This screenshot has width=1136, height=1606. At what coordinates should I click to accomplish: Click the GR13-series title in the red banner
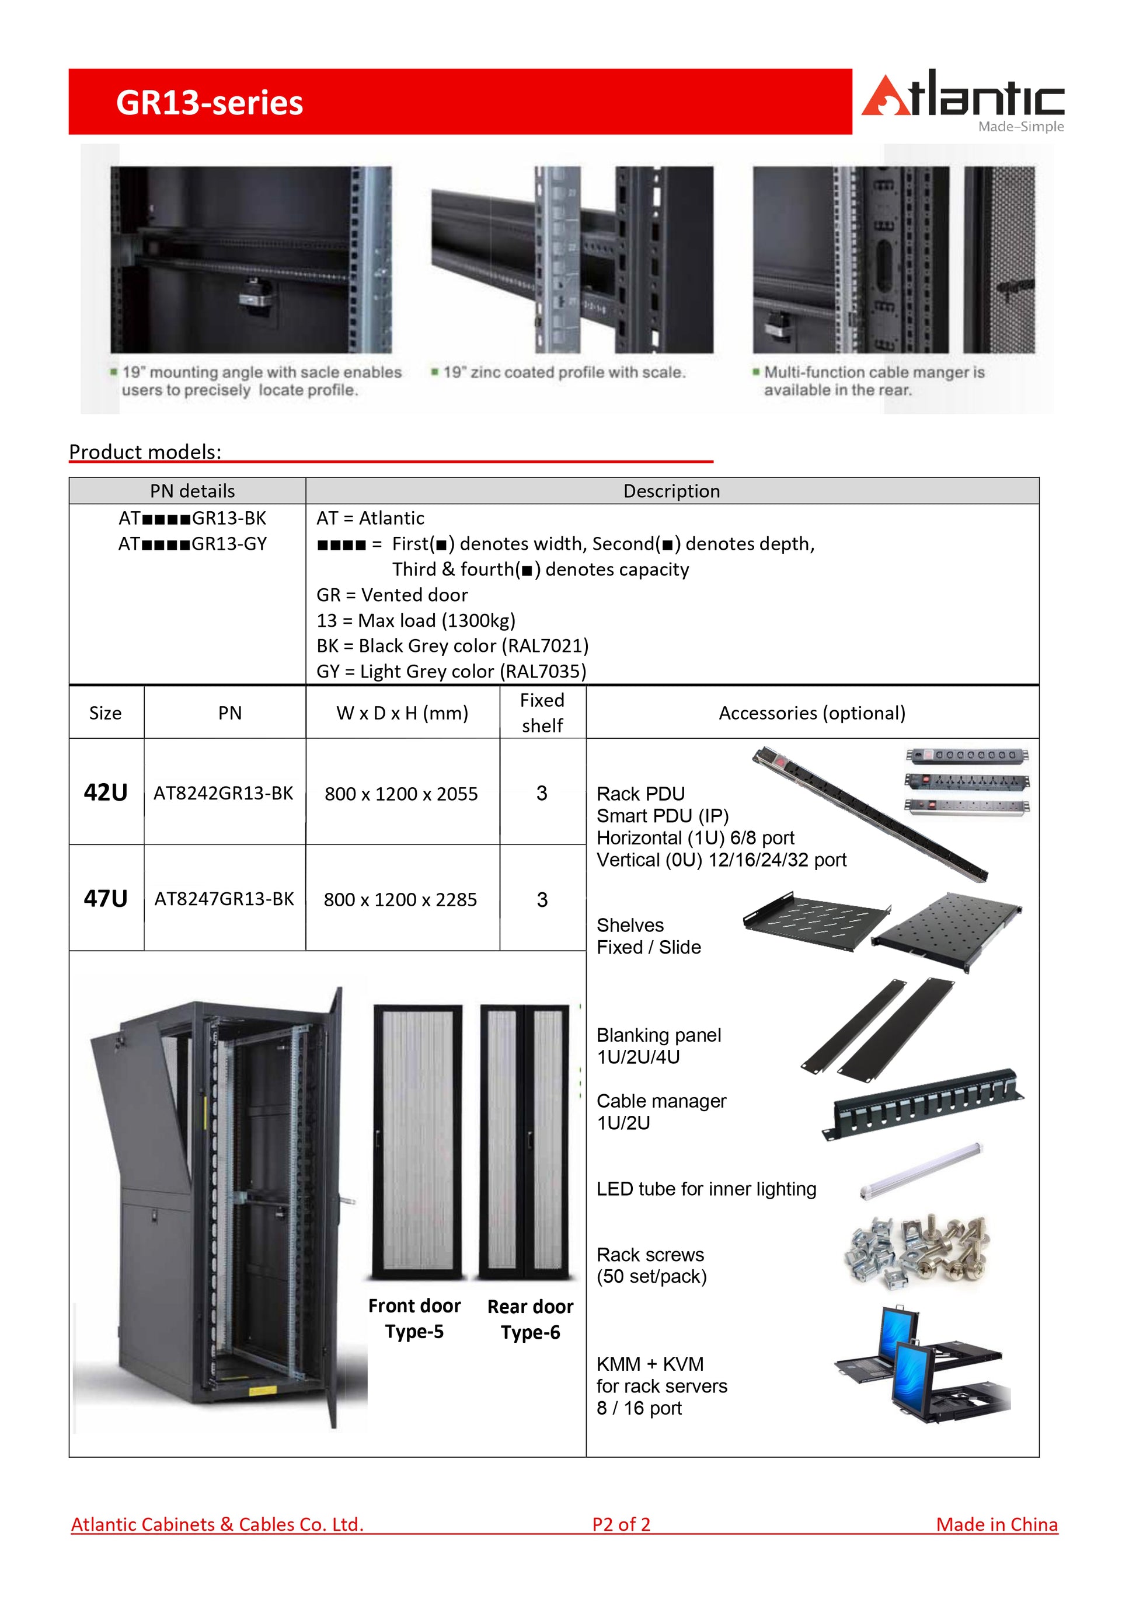tap(209, 103)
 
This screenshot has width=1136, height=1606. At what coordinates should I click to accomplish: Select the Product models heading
tap(145, 452)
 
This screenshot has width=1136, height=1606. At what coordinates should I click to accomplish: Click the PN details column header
tap(193, 491)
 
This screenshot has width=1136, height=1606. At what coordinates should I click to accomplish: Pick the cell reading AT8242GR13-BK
tap(223, 793)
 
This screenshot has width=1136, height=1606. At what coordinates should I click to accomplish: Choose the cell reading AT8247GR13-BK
tap(224, 899)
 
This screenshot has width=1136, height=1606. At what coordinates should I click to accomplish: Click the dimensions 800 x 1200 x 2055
tap(401, 794)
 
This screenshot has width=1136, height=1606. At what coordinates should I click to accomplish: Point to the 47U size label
tap(106, 898)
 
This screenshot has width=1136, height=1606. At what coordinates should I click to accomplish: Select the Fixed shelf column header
tap(542, 713)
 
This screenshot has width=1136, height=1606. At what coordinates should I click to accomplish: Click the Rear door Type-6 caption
tap(530, 1319)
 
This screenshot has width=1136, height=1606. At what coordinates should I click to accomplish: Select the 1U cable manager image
tap(924, 1105)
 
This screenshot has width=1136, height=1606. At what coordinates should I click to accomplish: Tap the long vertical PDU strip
tap(871, 815)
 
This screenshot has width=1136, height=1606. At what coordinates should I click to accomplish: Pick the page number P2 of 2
tap(621, 1524)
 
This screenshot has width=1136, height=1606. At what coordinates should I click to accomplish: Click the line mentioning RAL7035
tap(451, 672)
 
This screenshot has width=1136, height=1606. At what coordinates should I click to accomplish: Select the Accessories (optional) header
tap(812, 713)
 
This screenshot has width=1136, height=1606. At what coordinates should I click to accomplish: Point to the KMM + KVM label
tap(650, 1364)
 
